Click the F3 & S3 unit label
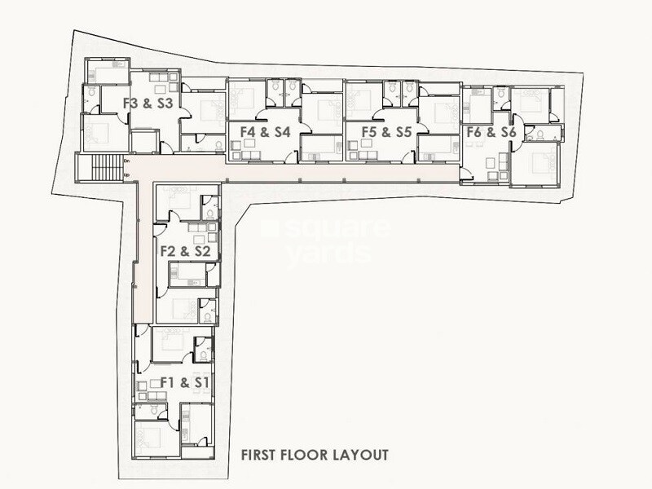(x=148, y=104)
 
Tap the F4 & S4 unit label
(x=260, y=130)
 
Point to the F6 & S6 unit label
(x=491, y=132)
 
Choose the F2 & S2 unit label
(x=186, y=251)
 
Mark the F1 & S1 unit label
(x=187, y=381)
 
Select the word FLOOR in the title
(x=307, y=454)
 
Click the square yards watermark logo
(x=322, y=240)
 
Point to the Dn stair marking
(x=126, y=162)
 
